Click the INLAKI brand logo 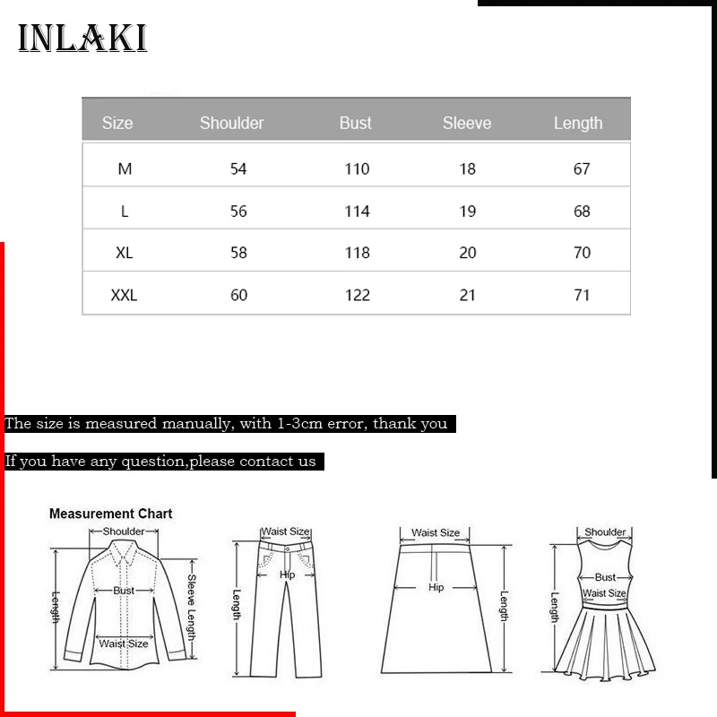tap(82, 39)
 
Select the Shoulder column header tap(231, 123)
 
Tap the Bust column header tap(355, 123)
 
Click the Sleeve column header tap(467, 123)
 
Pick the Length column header tap(578, 123)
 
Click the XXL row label tap(124, 295)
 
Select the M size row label tap(125, 168)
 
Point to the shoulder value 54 tap(238, 168)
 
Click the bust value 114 tap(357, 212)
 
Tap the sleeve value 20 tap(468, 253)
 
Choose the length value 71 tap(582, 295)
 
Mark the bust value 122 tap(357, 295)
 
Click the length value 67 tap(582, 168)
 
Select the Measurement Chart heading tap(110, 514)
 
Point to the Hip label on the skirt tap(436, 588)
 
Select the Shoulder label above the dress tap(605, 532)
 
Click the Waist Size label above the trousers tap(286, 532)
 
